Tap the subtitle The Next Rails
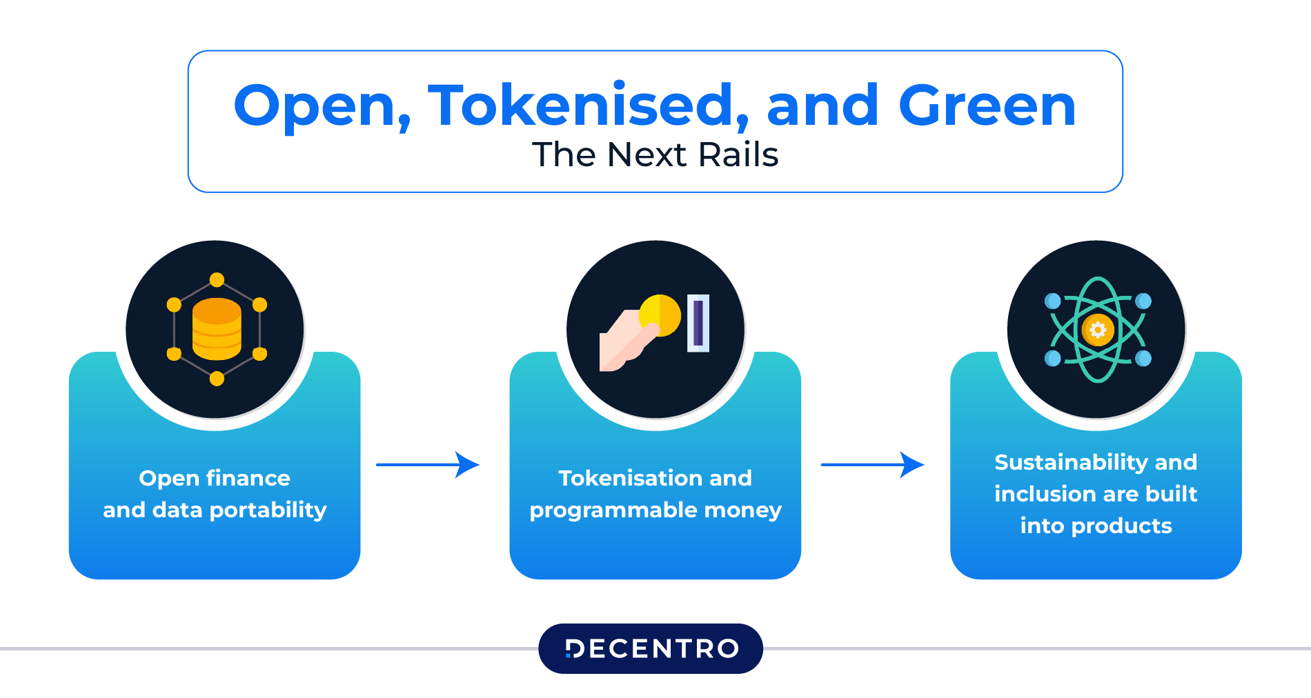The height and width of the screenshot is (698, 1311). click(655, 154)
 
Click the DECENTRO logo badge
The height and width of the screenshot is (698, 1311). click(651, 648)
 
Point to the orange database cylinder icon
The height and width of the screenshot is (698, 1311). click(217, 329)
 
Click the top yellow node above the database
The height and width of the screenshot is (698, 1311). click(217, 279)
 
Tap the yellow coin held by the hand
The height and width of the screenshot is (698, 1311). click(660, 315)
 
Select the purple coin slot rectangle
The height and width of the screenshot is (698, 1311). click(698, 323)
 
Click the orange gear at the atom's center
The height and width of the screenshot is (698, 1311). click(1097, 330)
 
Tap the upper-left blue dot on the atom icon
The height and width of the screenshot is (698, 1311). click(1053, 301)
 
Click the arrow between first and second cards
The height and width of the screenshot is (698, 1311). click(428, 465)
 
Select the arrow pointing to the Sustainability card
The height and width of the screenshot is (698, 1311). click(872, 465)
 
